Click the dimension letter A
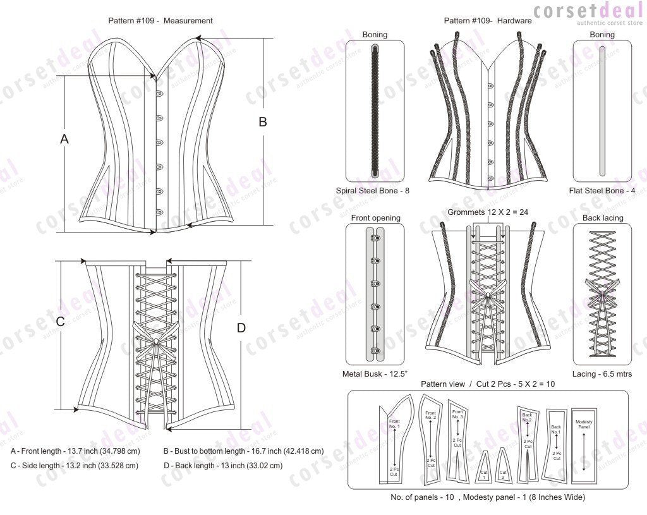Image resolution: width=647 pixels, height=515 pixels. [x=64, y=140]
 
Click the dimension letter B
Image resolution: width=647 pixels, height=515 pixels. [x=263, y=123]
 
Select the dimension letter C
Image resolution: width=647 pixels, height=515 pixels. [x=61, y=322]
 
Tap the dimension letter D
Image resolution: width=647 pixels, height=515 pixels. [x=241, y=328]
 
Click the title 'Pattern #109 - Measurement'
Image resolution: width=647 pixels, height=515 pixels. [x=160, y=21]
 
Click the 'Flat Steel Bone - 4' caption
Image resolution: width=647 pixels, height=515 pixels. [x=602, y=190]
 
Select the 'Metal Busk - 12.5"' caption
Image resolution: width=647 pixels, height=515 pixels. [x=375, y=374]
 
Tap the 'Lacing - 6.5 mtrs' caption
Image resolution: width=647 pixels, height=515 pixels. [x=602, y=374]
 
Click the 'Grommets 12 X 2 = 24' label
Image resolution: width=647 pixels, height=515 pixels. [x=488, y=212]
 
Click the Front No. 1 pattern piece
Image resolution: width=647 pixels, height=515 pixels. [x=394, y=442]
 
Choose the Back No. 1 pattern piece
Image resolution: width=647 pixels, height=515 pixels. [x=557, y=442]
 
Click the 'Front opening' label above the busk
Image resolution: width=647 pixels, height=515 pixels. [x=375, y=218]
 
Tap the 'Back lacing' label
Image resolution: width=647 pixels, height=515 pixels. [x=602, y=218]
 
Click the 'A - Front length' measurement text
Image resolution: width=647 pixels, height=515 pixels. [x=75, y=452]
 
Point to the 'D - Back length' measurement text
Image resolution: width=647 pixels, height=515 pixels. [x=222, y=466]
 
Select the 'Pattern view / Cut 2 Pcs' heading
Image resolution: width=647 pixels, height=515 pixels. [x=488, y=384]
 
